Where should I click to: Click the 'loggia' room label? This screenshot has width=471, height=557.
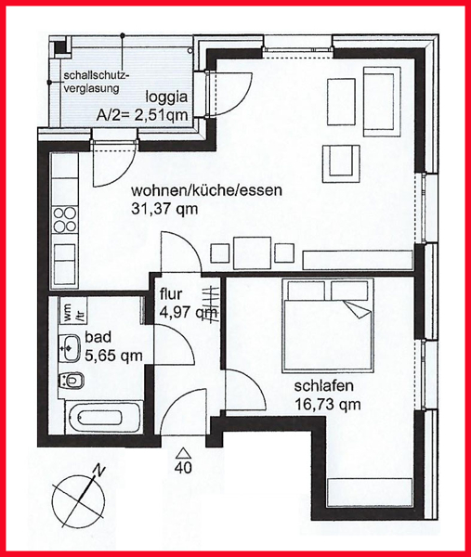(166, 97)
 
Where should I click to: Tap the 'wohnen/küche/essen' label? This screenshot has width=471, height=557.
(206, 190)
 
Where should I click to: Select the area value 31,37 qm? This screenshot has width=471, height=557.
(164, 210)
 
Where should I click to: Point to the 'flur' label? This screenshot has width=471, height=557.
(171, 293)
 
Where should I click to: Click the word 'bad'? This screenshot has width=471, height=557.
(98, 337)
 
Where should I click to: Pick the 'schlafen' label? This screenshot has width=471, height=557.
(323, 386)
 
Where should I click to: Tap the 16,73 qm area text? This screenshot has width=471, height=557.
(327, 404)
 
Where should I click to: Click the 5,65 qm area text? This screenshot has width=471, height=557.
(113, 356)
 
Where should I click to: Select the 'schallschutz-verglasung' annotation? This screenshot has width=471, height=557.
(95, 82)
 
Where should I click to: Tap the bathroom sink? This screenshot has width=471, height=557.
(70, 348)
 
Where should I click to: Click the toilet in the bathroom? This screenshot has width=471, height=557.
(72, 381)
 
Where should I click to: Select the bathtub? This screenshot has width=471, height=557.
(104, 417)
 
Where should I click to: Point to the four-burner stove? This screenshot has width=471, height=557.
(64, 220)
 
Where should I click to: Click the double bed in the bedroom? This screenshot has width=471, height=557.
(328, 326)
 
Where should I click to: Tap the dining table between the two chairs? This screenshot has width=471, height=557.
(253, 253)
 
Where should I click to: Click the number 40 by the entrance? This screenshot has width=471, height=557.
(183, 468)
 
